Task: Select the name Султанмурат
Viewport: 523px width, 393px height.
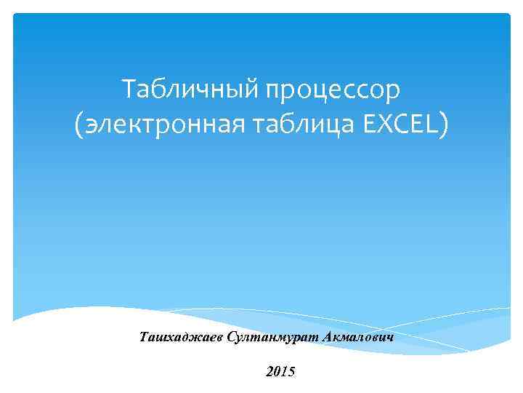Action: pos(268,337)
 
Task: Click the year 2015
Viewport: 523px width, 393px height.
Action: pos(280,371)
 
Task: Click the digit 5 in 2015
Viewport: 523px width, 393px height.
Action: pos(291,371)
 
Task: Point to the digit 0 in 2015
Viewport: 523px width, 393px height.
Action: pos(277,371)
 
